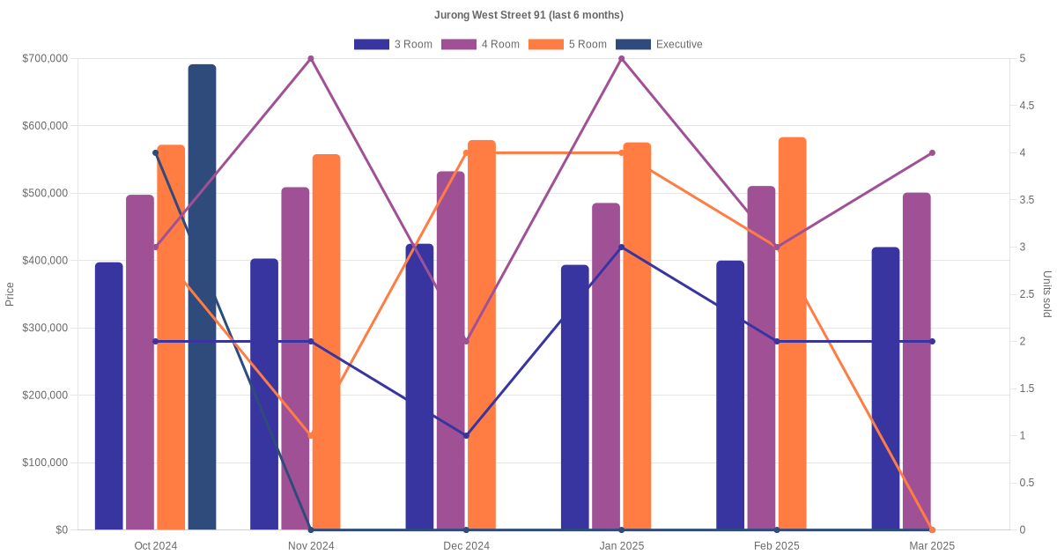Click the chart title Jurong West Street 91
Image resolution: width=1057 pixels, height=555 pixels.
click(x=528, y=15)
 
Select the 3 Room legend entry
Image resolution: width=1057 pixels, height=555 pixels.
click(x=393, y=44)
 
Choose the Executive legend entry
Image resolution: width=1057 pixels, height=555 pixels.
click(x=659, y=44)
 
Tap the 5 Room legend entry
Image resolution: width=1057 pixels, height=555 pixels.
click(x=567, y=44)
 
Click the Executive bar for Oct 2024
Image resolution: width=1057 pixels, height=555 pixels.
click(x=202, y=300)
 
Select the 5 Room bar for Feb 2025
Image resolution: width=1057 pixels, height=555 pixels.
click(x=792, y=335)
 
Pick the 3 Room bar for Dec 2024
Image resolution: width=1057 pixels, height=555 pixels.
click(x=419, y=388)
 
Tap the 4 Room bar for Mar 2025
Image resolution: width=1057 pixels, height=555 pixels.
click(x=916, y=361)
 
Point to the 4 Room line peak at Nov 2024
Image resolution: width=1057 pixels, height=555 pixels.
click(x=311, y=59)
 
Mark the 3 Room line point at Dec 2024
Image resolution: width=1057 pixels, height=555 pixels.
click(x=466, y=435)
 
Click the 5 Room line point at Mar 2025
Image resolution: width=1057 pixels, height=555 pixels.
click(x=932, y=529)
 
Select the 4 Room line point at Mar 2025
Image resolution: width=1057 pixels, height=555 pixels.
click(x=932, y=153)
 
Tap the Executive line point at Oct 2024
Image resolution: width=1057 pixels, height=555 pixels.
click(x=156, y=153)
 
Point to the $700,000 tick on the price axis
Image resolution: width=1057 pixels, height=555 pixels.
click(x=45, y=59)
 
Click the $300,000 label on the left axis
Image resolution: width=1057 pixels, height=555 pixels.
click(x=45, y=328)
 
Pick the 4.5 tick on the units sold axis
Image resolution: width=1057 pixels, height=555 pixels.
click(x=1026, y=106)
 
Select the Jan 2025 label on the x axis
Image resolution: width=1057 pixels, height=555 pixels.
click(x=622, y=546)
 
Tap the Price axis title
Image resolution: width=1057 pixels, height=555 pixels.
click(x=10, y=294)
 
